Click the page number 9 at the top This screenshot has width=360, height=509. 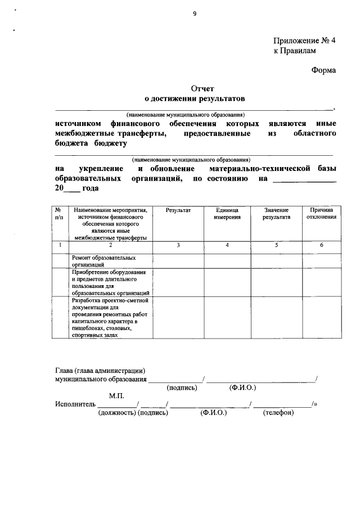[x=194, y=14]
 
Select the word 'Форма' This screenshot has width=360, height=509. [x=323, y=70]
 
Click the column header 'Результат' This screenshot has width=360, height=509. [x=178, y=210]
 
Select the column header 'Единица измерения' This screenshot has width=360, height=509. [x=227, y=213]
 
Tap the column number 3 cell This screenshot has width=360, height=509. [x=178, y=245]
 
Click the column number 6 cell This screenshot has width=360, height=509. [x=322, y=245]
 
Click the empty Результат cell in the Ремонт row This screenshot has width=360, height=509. [x=178, y=261]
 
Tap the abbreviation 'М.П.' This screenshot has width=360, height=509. [x=116, y=396]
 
